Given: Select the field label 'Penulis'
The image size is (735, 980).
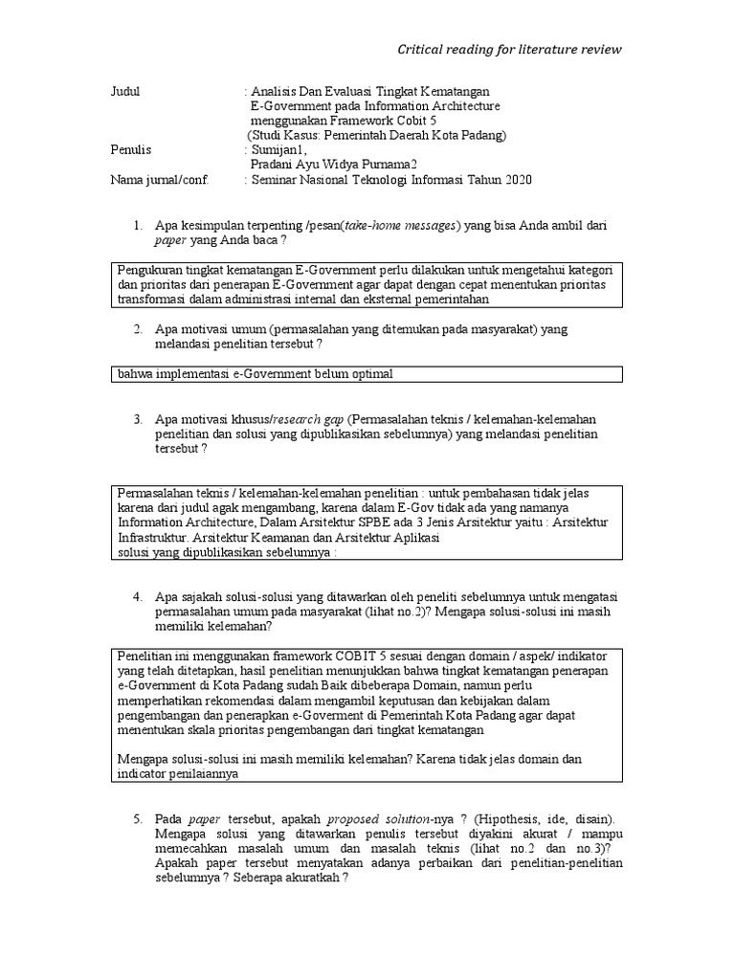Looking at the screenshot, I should [131, 150].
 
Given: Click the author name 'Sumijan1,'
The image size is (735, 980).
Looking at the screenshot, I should [277, 150].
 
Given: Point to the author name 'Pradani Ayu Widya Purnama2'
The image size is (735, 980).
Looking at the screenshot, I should [333, 166].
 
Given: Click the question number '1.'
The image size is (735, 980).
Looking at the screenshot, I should [138, 226].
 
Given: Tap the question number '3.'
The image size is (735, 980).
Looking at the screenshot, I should [138, 420].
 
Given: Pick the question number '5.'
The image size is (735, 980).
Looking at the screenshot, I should [138, 820].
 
